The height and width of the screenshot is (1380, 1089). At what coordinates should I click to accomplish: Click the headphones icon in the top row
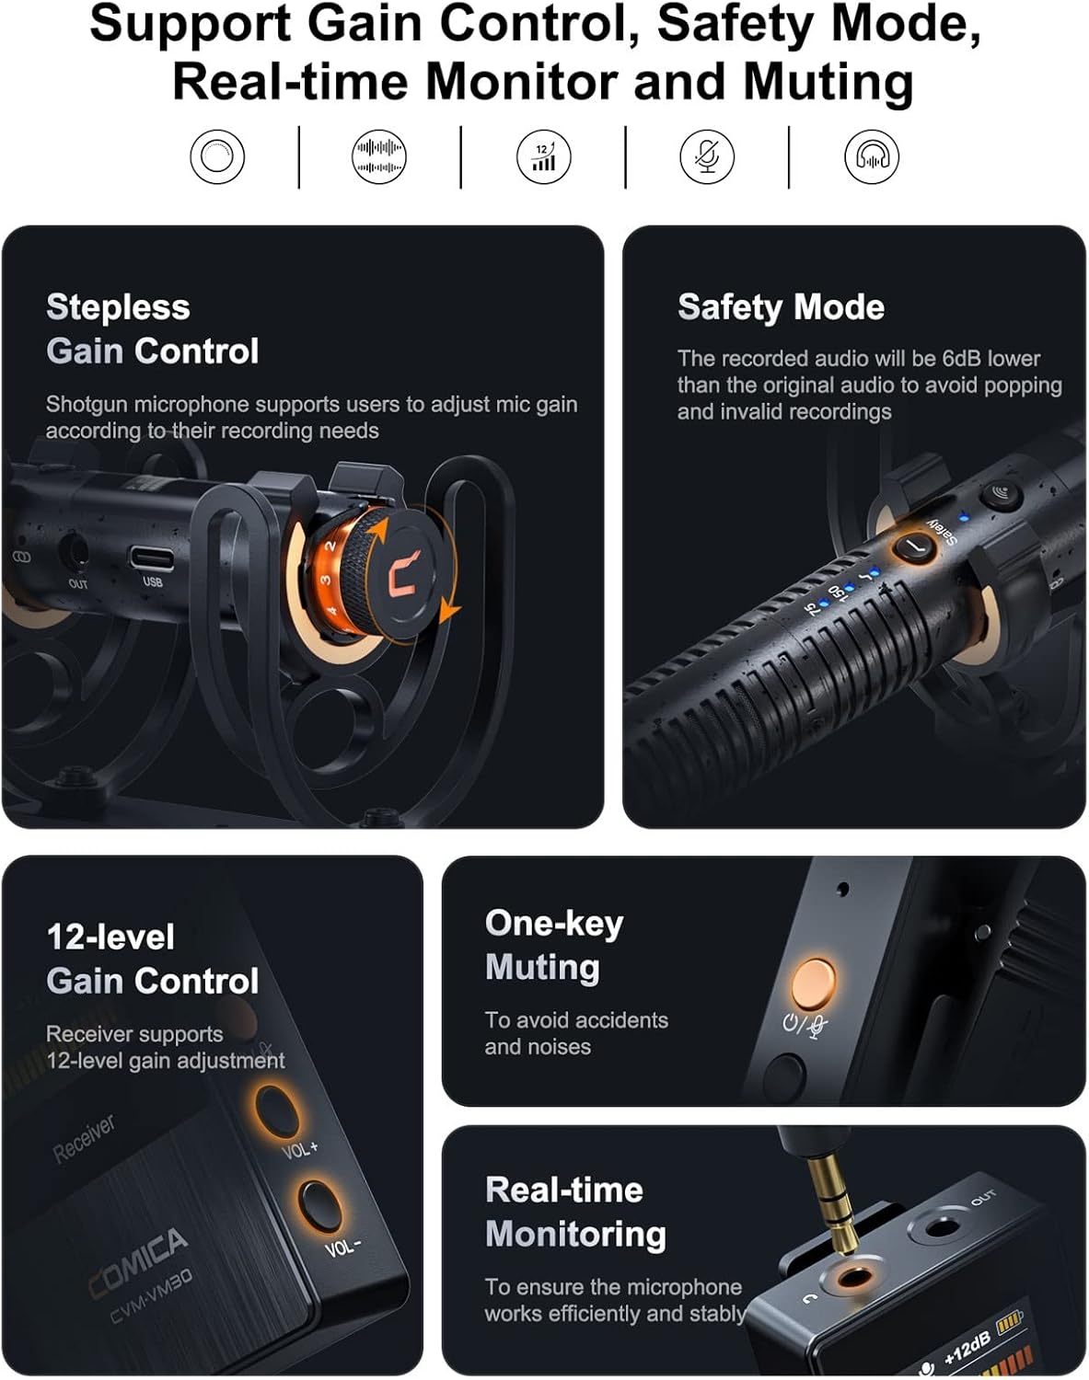pyautogui.click(x=871, y=157)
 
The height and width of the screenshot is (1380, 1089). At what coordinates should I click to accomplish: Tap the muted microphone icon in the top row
pyautogui.click(x=707, y=157)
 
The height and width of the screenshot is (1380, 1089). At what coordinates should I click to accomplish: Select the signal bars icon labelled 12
pyautogui.click(x=543, y=157)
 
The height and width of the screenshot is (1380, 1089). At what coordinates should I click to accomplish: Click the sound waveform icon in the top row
pyautogui.click(x=379, y=157)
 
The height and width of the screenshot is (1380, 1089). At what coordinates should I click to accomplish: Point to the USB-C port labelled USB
pyautogui.click(x=152, y=558)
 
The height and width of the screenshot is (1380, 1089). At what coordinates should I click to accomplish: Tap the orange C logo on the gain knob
pyautogui.click(x=404, y=572)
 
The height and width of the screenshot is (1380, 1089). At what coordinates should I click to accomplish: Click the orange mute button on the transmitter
pyautogui.click(x=813, y=983)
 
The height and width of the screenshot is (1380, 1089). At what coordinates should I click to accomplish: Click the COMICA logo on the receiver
pyautogui.click(x=138, y=1262)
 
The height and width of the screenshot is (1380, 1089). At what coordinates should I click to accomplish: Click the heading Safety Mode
pyautogui.click(x=781, y=306)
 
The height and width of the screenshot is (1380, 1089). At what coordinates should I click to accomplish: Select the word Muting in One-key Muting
pyautogui.click(x=542, y=968)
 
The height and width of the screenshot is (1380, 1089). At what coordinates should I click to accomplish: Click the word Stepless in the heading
pyautogui.click(x=118, y=307)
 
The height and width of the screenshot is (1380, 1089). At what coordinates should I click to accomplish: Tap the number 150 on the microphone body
pyautogui.click(x=838, y=592)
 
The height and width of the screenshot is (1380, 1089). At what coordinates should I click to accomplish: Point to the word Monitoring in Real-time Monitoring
pyautogui.click(x=575, y=1235)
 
